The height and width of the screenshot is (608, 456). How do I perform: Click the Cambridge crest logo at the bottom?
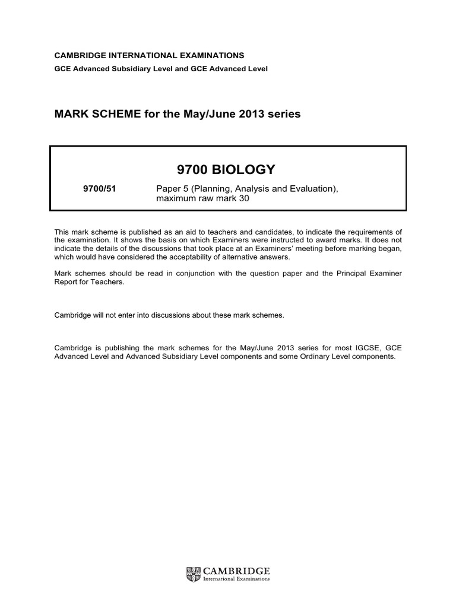point(193,574)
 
